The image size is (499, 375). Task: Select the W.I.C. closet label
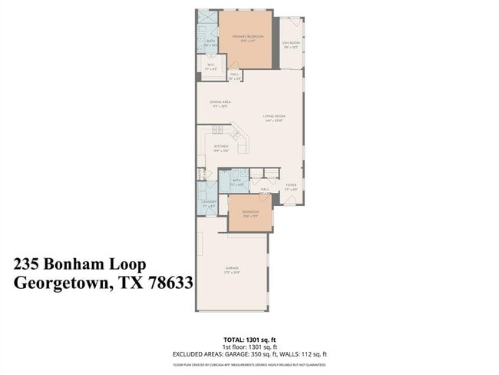(x=210, y=66)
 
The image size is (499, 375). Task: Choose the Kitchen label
(x=221, y=147)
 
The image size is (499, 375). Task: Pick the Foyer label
(x=291, y=185)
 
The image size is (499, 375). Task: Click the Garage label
(x=232, y=269)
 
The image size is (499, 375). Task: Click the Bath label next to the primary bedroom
(x=210, y=42)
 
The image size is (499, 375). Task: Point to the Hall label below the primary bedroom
(x=235, y=75)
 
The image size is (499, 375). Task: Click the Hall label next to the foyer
(x=264, y=189)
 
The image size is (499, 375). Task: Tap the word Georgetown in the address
(x=61, y=282)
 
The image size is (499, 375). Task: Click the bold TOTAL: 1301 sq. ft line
(x=249, y=338)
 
